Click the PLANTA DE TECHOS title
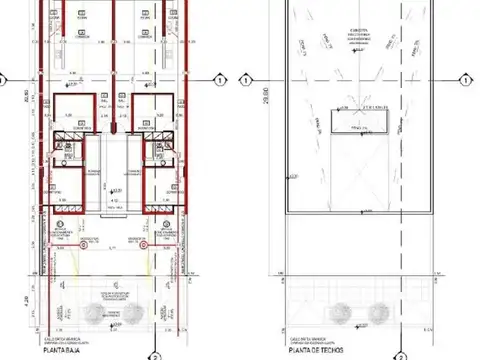(313, 350)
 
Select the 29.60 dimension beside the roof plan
(265, 97)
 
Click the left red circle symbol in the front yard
(70, 242)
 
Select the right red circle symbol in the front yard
(143, 242)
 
